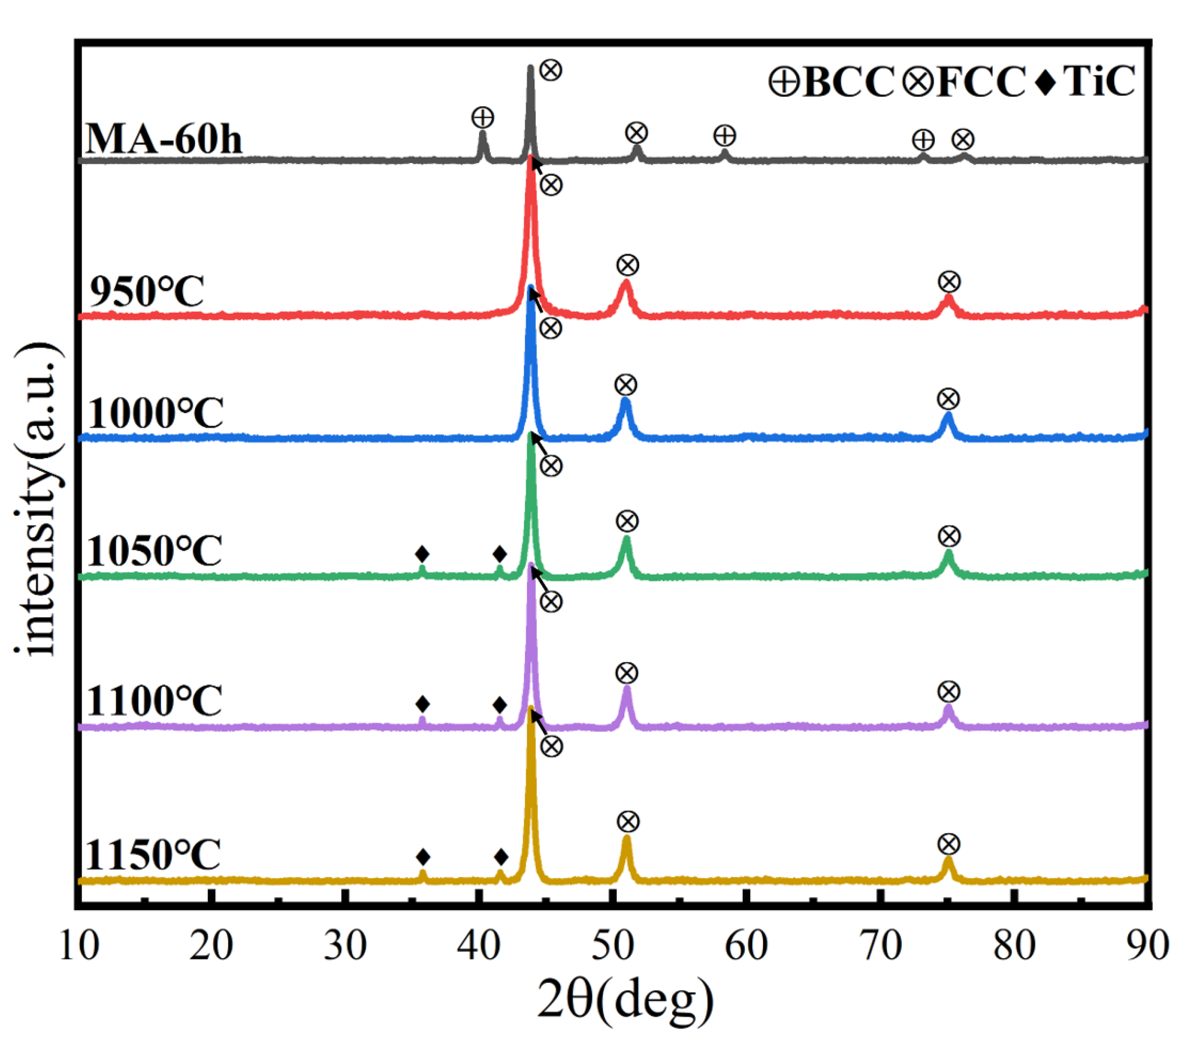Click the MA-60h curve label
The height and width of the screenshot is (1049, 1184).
click(164, 140)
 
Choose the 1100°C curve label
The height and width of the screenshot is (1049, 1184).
click(155, 701)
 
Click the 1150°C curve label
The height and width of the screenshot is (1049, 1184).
click(153, 855)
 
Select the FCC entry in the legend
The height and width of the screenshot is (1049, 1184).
click(964, 81)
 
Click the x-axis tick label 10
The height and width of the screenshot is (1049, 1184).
click(79, 945)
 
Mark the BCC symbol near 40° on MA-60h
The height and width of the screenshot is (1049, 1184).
click(483, 118)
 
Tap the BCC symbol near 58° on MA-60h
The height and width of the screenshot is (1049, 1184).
click(724, 136)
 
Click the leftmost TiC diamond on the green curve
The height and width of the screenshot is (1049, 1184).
click(422, 553)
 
